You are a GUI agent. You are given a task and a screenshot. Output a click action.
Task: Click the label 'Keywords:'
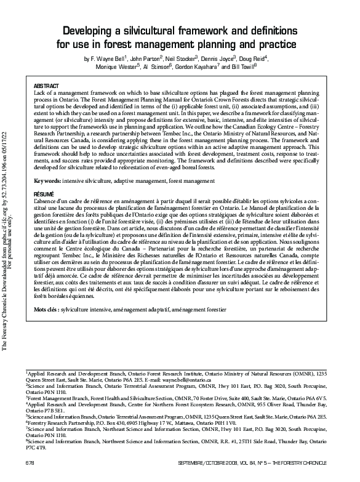pos(47,182)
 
